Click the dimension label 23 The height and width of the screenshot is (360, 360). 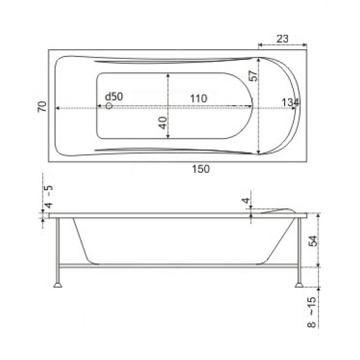[x=282, y=38]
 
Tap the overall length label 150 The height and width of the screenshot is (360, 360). [x=201, y=169]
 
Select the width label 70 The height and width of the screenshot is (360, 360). [x=42, y=106]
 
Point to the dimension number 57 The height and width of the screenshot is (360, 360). [x=253, y=76]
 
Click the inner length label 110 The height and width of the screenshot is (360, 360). [x=199, y=98]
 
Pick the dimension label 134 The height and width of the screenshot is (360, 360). [x=290, y=103]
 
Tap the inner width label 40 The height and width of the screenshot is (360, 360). [x=163, y=123]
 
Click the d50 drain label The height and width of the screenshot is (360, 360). [x=114, y=97]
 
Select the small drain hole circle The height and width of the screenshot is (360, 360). [x=109, y=106]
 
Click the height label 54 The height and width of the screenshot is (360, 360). [x=314, y=241]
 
